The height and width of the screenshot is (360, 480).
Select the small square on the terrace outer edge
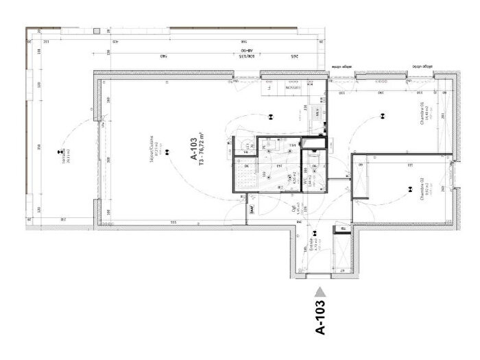coord(97,31)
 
